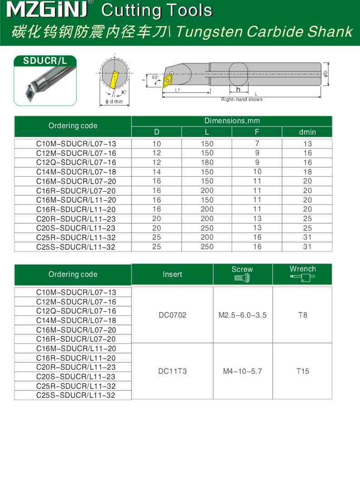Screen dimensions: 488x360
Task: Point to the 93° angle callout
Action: pyautogui.click(x=155, y=78)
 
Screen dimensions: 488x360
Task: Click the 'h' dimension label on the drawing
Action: pyautogui.click(x=238, y=89)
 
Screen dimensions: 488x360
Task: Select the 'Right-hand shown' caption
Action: pyautogui.click(x=241, y=99)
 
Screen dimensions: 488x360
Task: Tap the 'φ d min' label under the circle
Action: pyautogui.click(x=114, y=102)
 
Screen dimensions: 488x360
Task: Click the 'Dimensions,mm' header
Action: pyautogui.click(x=232, y=121)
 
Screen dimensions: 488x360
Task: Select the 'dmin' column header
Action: pyautogui.click(x=307, y=132)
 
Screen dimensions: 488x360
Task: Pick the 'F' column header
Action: pyautogui.click(x=257, y=132)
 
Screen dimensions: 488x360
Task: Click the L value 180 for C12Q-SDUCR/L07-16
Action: pyautogui.click(x=207, y=162)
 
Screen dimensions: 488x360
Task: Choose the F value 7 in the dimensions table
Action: pyautogui.click(x=257, y=144)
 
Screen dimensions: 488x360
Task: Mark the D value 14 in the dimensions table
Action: pyautogui.click(x=156, y=172)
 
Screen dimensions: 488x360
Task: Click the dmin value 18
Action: pyautogui.click(x=307, y=172)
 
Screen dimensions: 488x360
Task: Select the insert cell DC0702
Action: pyautogui.click(x=172, y=315)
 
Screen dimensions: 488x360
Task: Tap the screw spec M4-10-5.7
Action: pyautogui.click(x=243, y=371)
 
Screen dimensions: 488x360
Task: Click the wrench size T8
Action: pyautogui.click(x=302, y=315)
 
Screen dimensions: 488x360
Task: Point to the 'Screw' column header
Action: pyautogui.click(x=242, y=269)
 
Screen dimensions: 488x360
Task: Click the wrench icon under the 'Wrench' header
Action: pyautogui.click(x=302, y=278)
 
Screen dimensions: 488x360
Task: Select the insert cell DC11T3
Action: pyautogui.click(x=172, y=371)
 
